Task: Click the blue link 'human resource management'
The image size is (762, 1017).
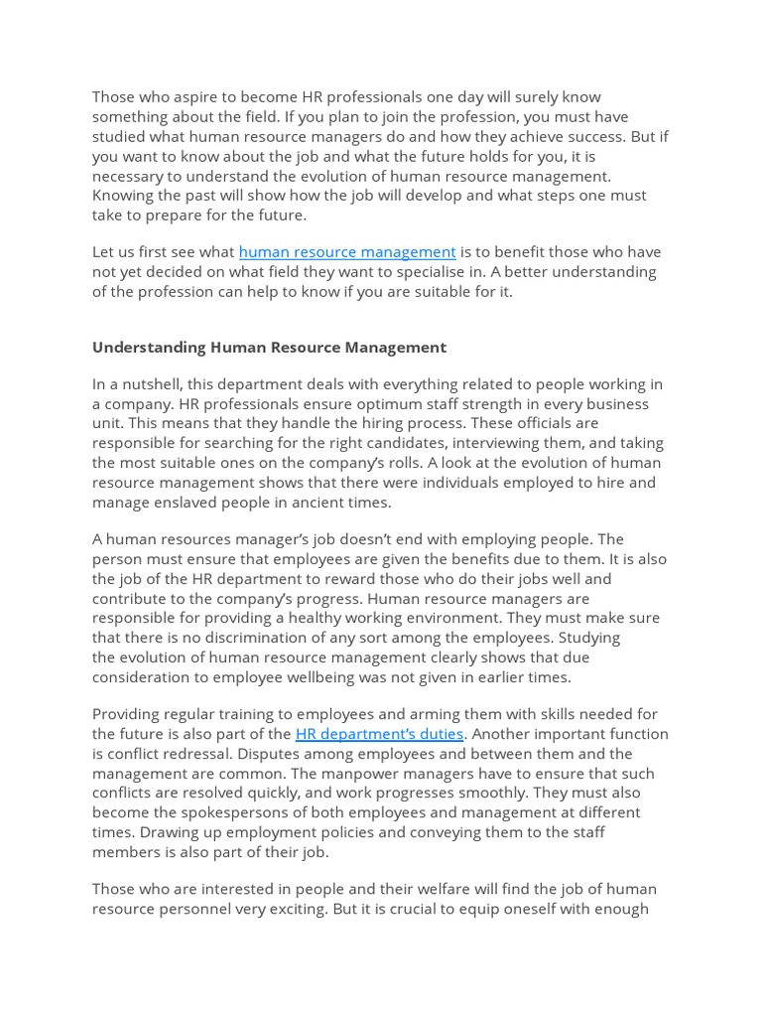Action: point(346,252)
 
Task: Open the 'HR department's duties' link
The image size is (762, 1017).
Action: point(379,734)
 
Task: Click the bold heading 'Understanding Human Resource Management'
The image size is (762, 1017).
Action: point(269,348)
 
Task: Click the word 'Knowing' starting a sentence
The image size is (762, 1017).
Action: point(123,196)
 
